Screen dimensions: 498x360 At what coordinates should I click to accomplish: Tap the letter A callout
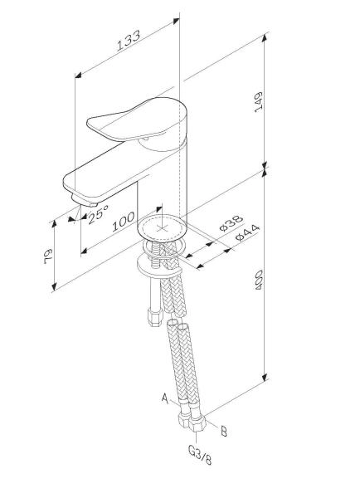point(164,399)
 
